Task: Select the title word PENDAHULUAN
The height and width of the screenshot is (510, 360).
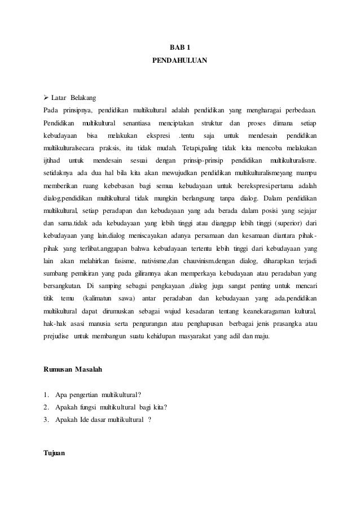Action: (179, 59)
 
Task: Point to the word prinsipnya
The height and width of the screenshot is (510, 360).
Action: (79, 109)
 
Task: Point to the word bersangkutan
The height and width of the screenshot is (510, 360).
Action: (64, 286)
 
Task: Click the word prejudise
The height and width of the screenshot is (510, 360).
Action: (58, 337)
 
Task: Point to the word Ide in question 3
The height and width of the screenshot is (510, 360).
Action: (87, 420)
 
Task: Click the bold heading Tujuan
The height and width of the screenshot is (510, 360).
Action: (54, 452)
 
